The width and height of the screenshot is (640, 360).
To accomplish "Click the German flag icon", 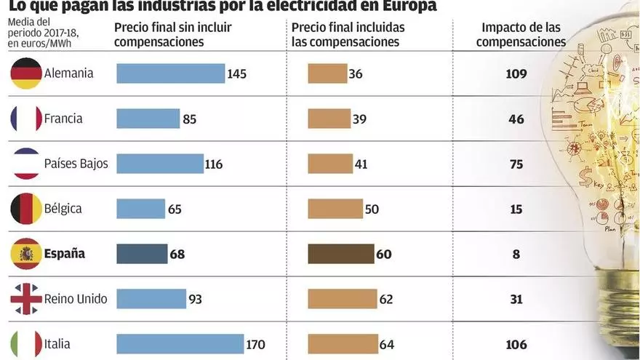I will click(x=26, y=73).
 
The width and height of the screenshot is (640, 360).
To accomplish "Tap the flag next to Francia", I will click(x=26, y=119).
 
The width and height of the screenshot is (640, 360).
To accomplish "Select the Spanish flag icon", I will click(x=26, y=254).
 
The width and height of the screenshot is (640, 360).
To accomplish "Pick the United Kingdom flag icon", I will click(x=26, y=299).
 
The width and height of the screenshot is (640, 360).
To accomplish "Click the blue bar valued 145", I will click(x=170, y=73).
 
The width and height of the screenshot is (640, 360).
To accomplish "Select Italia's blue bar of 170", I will click(x=180, y=344).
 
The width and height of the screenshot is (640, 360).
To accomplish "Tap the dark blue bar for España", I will click(x=141, y=254).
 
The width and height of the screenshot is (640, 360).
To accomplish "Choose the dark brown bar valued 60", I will click(x=341, y=254).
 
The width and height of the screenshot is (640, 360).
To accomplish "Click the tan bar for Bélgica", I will click(x=335, y=209).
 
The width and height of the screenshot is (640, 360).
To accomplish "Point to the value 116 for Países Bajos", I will click(x=214, y=164).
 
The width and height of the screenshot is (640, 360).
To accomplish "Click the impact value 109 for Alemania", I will click(x=516, y=73).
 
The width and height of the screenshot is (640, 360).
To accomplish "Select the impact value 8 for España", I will click(x=516, y=254).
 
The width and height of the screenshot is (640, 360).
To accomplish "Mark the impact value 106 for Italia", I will click(x=516, y=344).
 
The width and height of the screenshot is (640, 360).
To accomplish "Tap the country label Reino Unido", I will click(x=76, y=299).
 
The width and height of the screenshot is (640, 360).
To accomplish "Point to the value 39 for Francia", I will click(x=359, y=119).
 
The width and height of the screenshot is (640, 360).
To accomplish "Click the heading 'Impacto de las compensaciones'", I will click(x=516, y=34).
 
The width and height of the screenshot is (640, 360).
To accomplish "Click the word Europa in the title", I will click(x=407, y=7).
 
